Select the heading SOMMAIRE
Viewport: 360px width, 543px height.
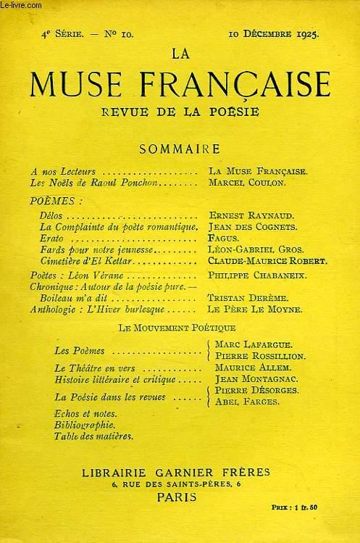point(180,149)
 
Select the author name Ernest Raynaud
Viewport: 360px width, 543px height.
point(244,217)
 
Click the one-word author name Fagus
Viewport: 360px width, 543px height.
point(219,239)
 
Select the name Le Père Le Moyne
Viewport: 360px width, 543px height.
point(250,310)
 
